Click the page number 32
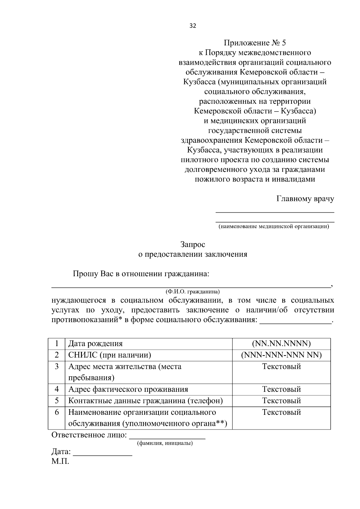[193, 26]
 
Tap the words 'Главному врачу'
[305, 199]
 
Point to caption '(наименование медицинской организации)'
[274, 226]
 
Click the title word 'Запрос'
[193, 245]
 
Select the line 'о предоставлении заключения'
[193, 255]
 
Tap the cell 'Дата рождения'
[95, 344]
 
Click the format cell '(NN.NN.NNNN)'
[281, 344]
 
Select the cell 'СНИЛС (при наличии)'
[109, 355]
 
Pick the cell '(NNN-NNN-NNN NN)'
[281, 355]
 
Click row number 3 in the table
[57, 367]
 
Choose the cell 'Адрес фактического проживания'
[128, 389]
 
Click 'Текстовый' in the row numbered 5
[281, 401]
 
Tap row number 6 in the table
[57, 412]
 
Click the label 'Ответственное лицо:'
[89, 435]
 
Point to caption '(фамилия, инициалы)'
[165, 443]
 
